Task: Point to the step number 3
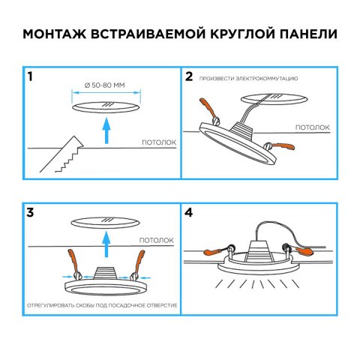pos(30,212)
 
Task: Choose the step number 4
pos(190,212)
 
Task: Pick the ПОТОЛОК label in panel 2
pos(312,127)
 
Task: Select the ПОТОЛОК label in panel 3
pos(156,240)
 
